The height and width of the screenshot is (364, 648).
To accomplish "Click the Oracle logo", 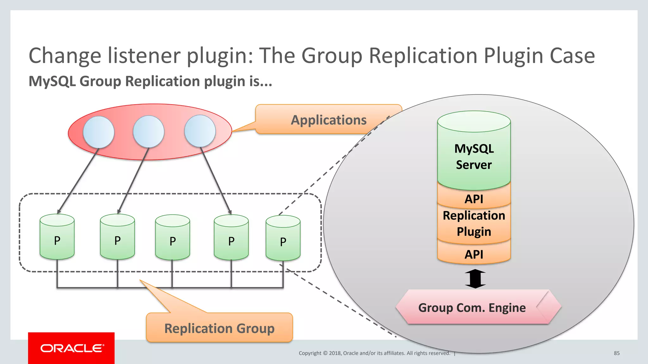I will (72, 348).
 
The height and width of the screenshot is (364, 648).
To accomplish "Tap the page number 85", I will (616, 353).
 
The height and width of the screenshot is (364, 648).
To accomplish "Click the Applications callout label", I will (328, 120).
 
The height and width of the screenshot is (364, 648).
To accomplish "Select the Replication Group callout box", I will (219, 328).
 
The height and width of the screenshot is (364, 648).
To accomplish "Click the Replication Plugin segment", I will (474, 223).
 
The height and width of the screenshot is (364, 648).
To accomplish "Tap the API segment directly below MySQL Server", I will (474, 199).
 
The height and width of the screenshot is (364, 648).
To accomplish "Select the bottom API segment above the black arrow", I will (474, 254).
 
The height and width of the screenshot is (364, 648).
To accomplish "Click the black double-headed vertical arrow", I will (475, 279).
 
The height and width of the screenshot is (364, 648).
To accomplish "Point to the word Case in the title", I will (572, 56).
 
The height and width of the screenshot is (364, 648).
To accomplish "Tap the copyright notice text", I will (374, 353).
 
